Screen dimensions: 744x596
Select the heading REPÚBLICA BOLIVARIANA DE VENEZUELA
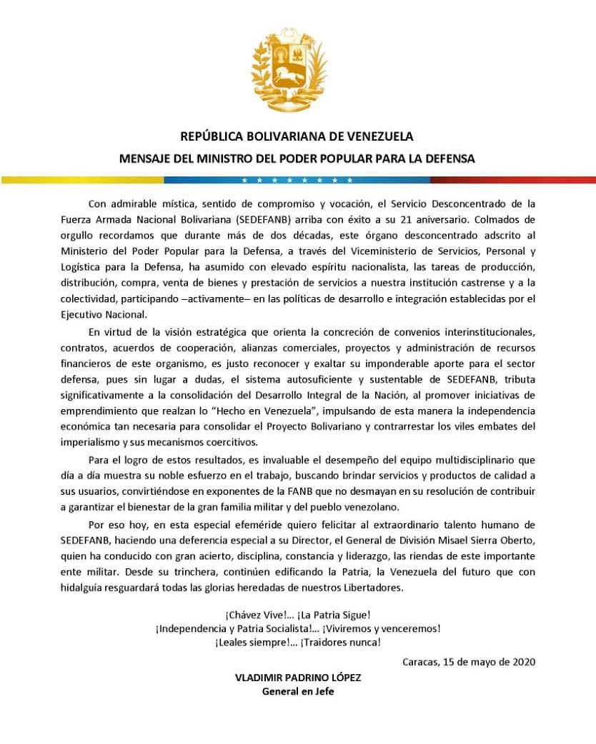[x=297, y=136]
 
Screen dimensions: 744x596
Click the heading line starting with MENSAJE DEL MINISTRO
[x=297, y=159]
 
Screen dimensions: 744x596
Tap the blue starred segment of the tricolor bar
[x=297, y=180]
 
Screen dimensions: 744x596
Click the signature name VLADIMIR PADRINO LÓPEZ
[x=297, y=678]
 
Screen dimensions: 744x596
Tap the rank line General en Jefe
[x=297, y=691]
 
